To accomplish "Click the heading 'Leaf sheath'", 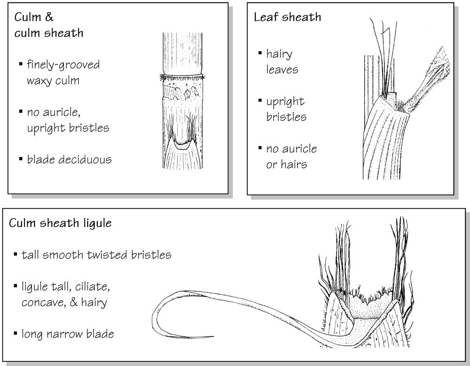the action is (x=287, y=17).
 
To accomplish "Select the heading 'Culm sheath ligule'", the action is (x=60, y=223).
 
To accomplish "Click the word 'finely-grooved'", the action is (x=63, y=65).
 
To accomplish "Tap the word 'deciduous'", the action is (x=85, y=159).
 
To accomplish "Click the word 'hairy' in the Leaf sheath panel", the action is (x=279, y=55).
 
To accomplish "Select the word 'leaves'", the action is (x=282, y=70).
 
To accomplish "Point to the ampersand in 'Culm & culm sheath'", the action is (x=49, y=17).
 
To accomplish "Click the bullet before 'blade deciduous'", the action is (x=21, y=159).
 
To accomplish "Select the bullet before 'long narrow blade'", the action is (x=16, y=333).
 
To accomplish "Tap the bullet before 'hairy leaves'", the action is (x=260, y=54).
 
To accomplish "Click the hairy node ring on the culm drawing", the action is (x=181, y=78).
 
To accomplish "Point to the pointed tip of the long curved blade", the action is (x=213, y=336).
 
